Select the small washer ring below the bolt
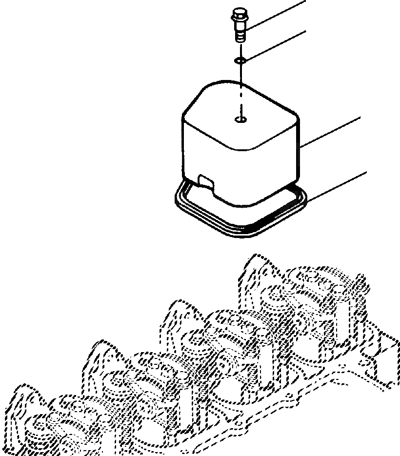point(239,60)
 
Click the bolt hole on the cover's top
point(240,119)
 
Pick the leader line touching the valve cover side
point(332,132)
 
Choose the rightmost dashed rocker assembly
point(312,293)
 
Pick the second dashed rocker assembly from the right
point(229,337)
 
